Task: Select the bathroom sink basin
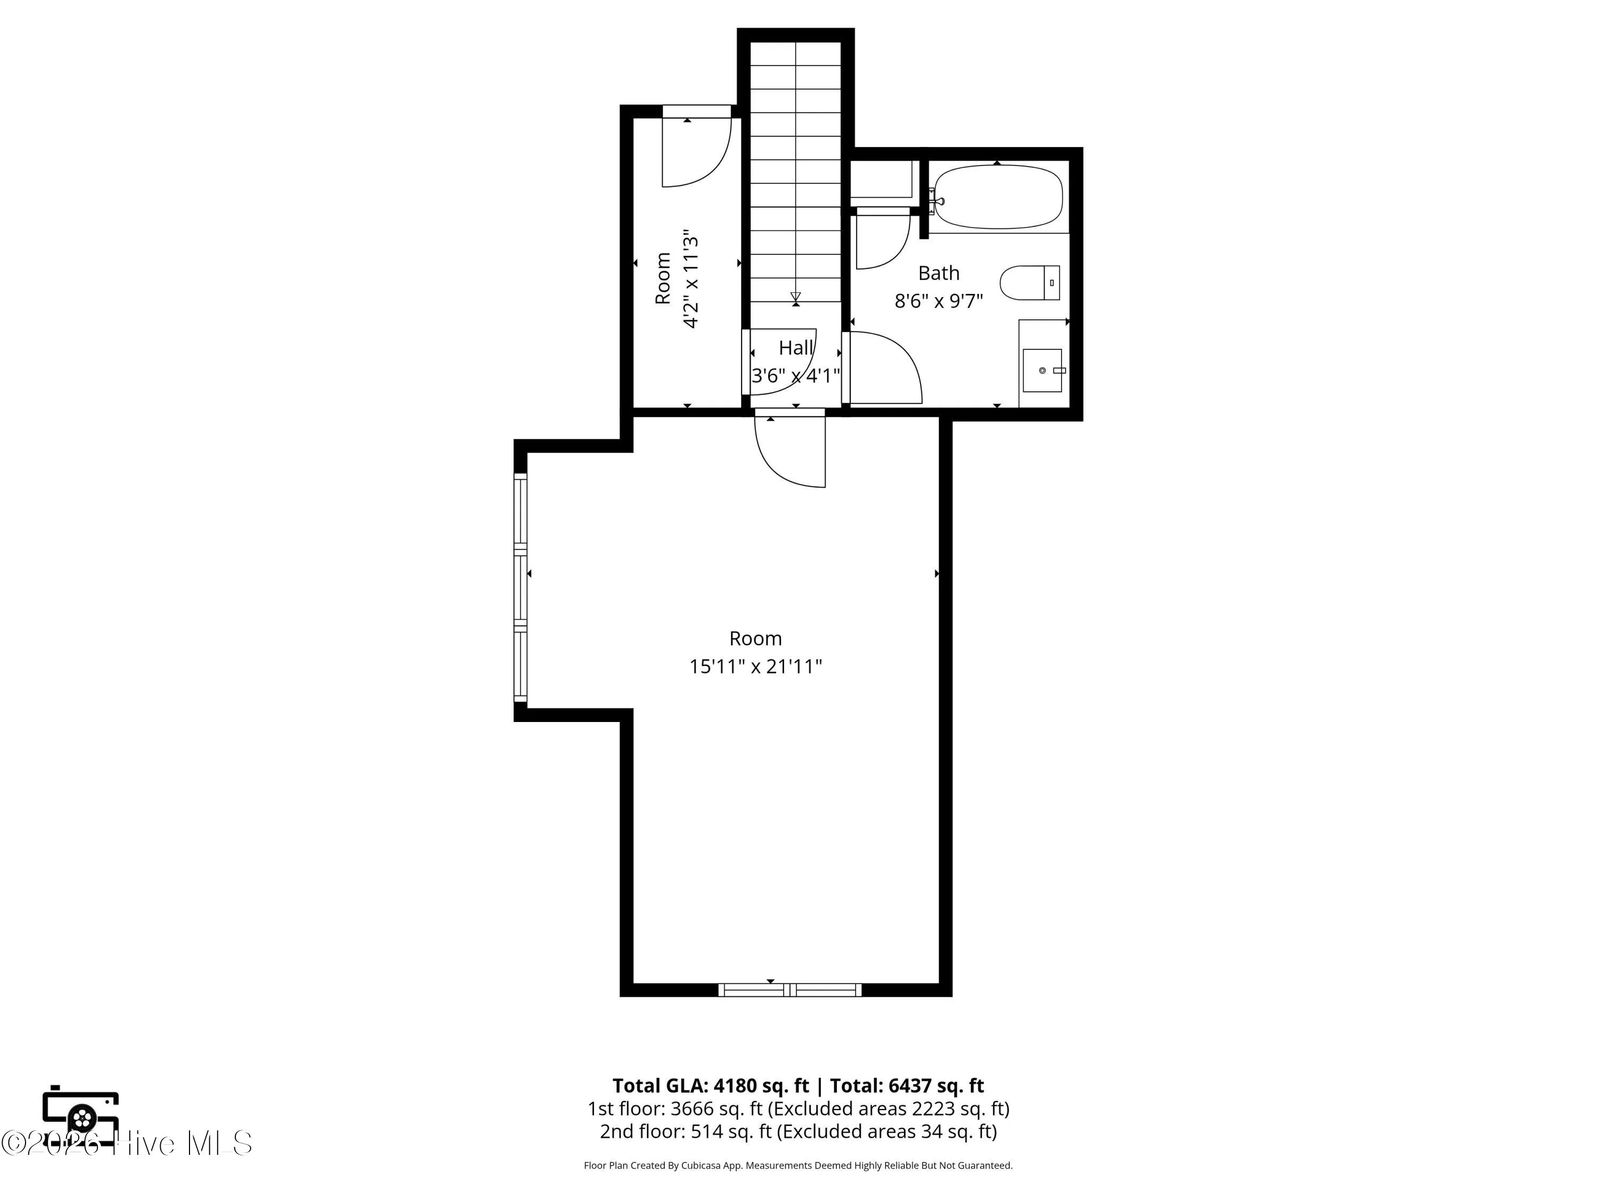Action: [1042, 371]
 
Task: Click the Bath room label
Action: [939, 273]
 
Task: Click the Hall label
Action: [796, 348]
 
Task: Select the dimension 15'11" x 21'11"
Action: [756, 666]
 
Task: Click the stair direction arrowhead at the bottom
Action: [796, 297]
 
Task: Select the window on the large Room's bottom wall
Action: [790, 990]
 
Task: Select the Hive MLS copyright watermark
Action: [126, 1143]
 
